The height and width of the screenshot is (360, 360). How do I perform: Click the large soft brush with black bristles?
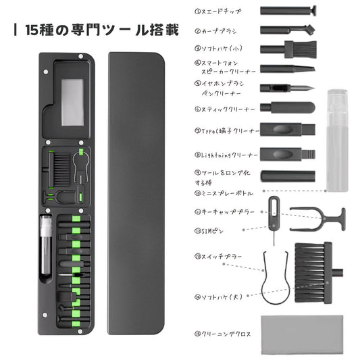[x=314, y=270]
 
